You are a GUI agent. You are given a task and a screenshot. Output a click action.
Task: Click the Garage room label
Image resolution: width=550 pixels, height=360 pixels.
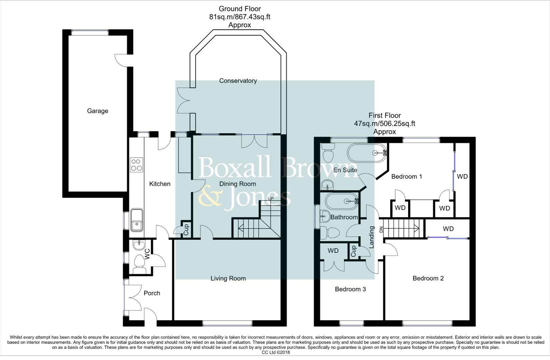[97, 111]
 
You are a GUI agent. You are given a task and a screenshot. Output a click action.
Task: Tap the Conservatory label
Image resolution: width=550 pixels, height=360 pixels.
[238, 81]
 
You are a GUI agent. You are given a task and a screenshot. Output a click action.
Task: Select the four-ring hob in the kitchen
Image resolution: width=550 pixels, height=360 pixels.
[136, 165]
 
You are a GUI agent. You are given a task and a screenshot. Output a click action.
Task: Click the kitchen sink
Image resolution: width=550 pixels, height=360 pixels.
[136, 220]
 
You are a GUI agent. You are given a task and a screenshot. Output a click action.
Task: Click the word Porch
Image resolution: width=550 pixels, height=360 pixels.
[152, 293]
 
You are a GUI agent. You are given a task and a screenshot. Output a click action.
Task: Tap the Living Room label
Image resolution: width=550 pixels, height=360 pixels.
[228, 278]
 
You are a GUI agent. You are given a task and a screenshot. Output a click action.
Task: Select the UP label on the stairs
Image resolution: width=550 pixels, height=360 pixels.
[270, 198]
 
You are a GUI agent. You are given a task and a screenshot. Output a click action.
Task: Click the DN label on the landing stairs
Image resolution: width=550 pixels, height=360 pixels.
[381, 230]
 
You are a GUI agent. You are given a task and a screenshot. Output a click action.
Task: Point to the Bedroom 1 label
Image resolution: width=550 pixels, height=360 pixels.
[407, 176]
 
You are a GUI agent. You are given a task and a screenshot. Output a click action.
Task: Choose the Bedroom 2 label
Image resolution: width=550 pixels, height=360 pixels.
[428, 278]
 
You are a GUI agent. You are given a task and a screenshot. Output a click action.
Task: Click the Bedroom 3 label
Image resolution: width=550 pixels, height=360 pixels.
[351, 289]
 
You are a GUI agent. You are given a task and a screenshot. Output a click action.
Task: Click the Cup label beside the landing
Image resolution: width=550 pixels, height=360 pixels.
[353, 251]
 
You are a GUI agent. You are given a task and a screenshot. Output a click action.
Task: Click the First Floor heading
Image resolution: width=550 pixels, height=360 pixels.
[385, 115]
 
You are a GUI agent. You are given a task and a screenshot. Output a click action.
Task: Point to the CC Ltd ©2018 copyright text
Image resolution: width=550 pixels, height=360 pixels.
[276, 352]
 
